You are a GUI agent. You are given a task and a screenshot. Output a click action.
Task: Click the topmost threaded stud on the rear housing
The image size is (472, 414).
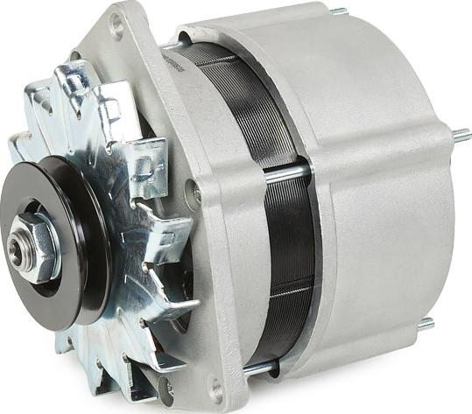click(338, 11)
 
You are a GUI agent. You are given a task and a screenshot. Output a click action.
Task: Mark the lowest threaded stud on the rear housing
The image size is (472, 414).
click(426, 324)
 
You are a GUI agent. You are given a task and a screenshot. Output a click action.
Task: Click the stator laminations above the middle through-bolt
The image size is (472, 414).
click(254, 114)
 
